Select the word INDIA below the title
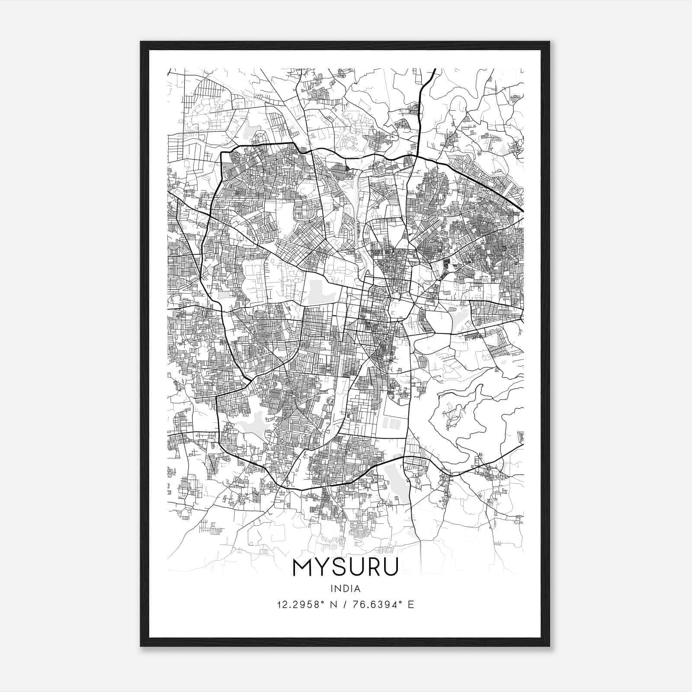pyautogui.click(x=345, y=589)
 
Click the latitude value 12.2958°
pyautogui.click(x=301, y=604)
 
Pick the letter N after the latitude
pyautogui.click(x=334, y=604)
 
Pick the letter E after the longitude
pyautogui.click(x=411, y=604)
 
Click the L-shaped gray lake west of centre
pyautogui.click(x=320, y=293)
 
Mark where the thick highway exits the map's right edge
pyautogui.click(x=522, y=211)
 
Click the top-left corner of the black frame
pyautogui.click(x=141, y=42)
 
